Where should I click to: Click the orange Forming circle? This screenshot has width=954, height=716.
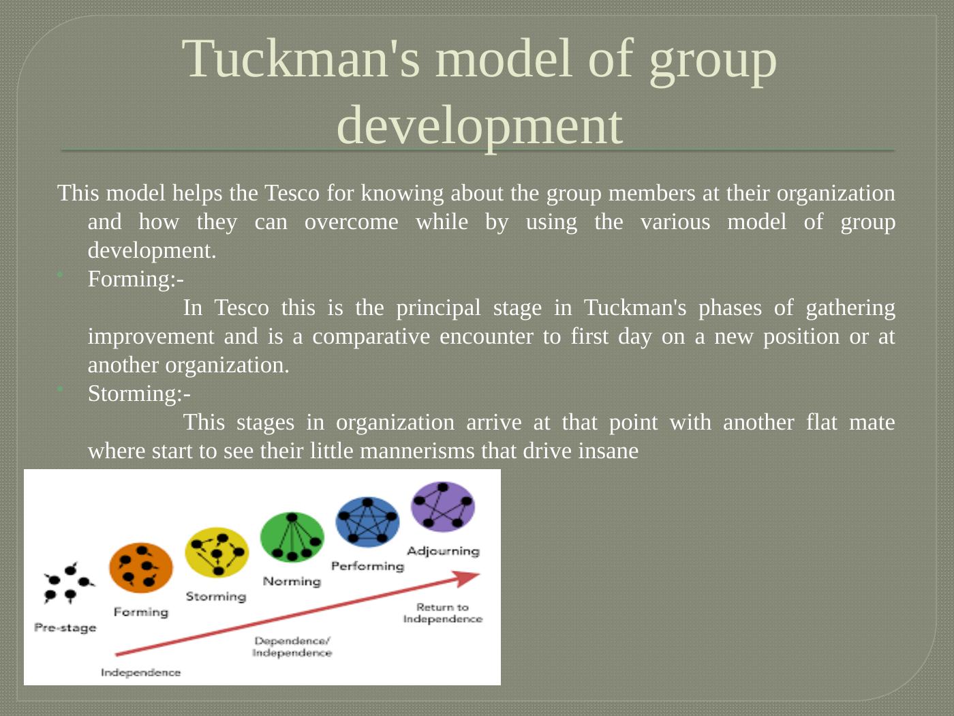pos(141,567)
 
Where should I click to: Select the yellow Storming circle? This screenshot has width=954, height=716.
pos(217,552)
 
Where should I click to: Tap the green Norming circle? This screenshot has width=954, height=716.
pos(292,537)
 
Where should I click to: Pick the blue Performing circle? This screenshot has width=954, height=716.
pos(367,522)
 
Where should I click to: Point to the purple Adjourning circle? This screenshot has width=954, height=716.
pos(443,507)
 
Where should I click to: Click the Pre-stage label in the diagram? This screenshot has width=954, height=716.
pos(65,627)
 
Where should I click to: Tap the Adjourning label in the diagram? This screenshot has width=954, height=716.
pos(443,551)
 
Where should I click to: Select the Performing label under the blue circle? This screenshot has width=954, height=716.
pos(367,566)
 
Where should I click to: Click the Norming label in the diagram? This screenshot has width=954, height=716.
pos(292,582)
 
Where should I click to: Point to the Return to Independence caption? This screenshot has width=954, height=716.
pos(443,613)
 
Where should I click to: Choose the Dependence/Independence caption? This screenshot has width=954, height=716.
pos(292,646)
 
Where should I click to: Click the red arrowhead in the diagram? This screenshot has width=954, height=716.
pos(469,578)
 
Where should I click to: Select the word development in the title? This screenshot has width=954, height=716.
pos(480,125)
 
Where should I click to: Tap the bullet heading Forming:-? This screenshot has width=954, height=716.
pos(136,279)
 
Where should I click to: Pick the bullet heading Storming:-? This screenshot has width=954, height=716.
pos(139,393)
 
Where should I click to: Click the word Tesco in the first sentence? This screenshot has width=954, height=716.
pos(292,193)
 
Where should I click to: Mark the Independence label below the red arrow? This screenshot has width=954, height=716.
pos(140,672)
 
